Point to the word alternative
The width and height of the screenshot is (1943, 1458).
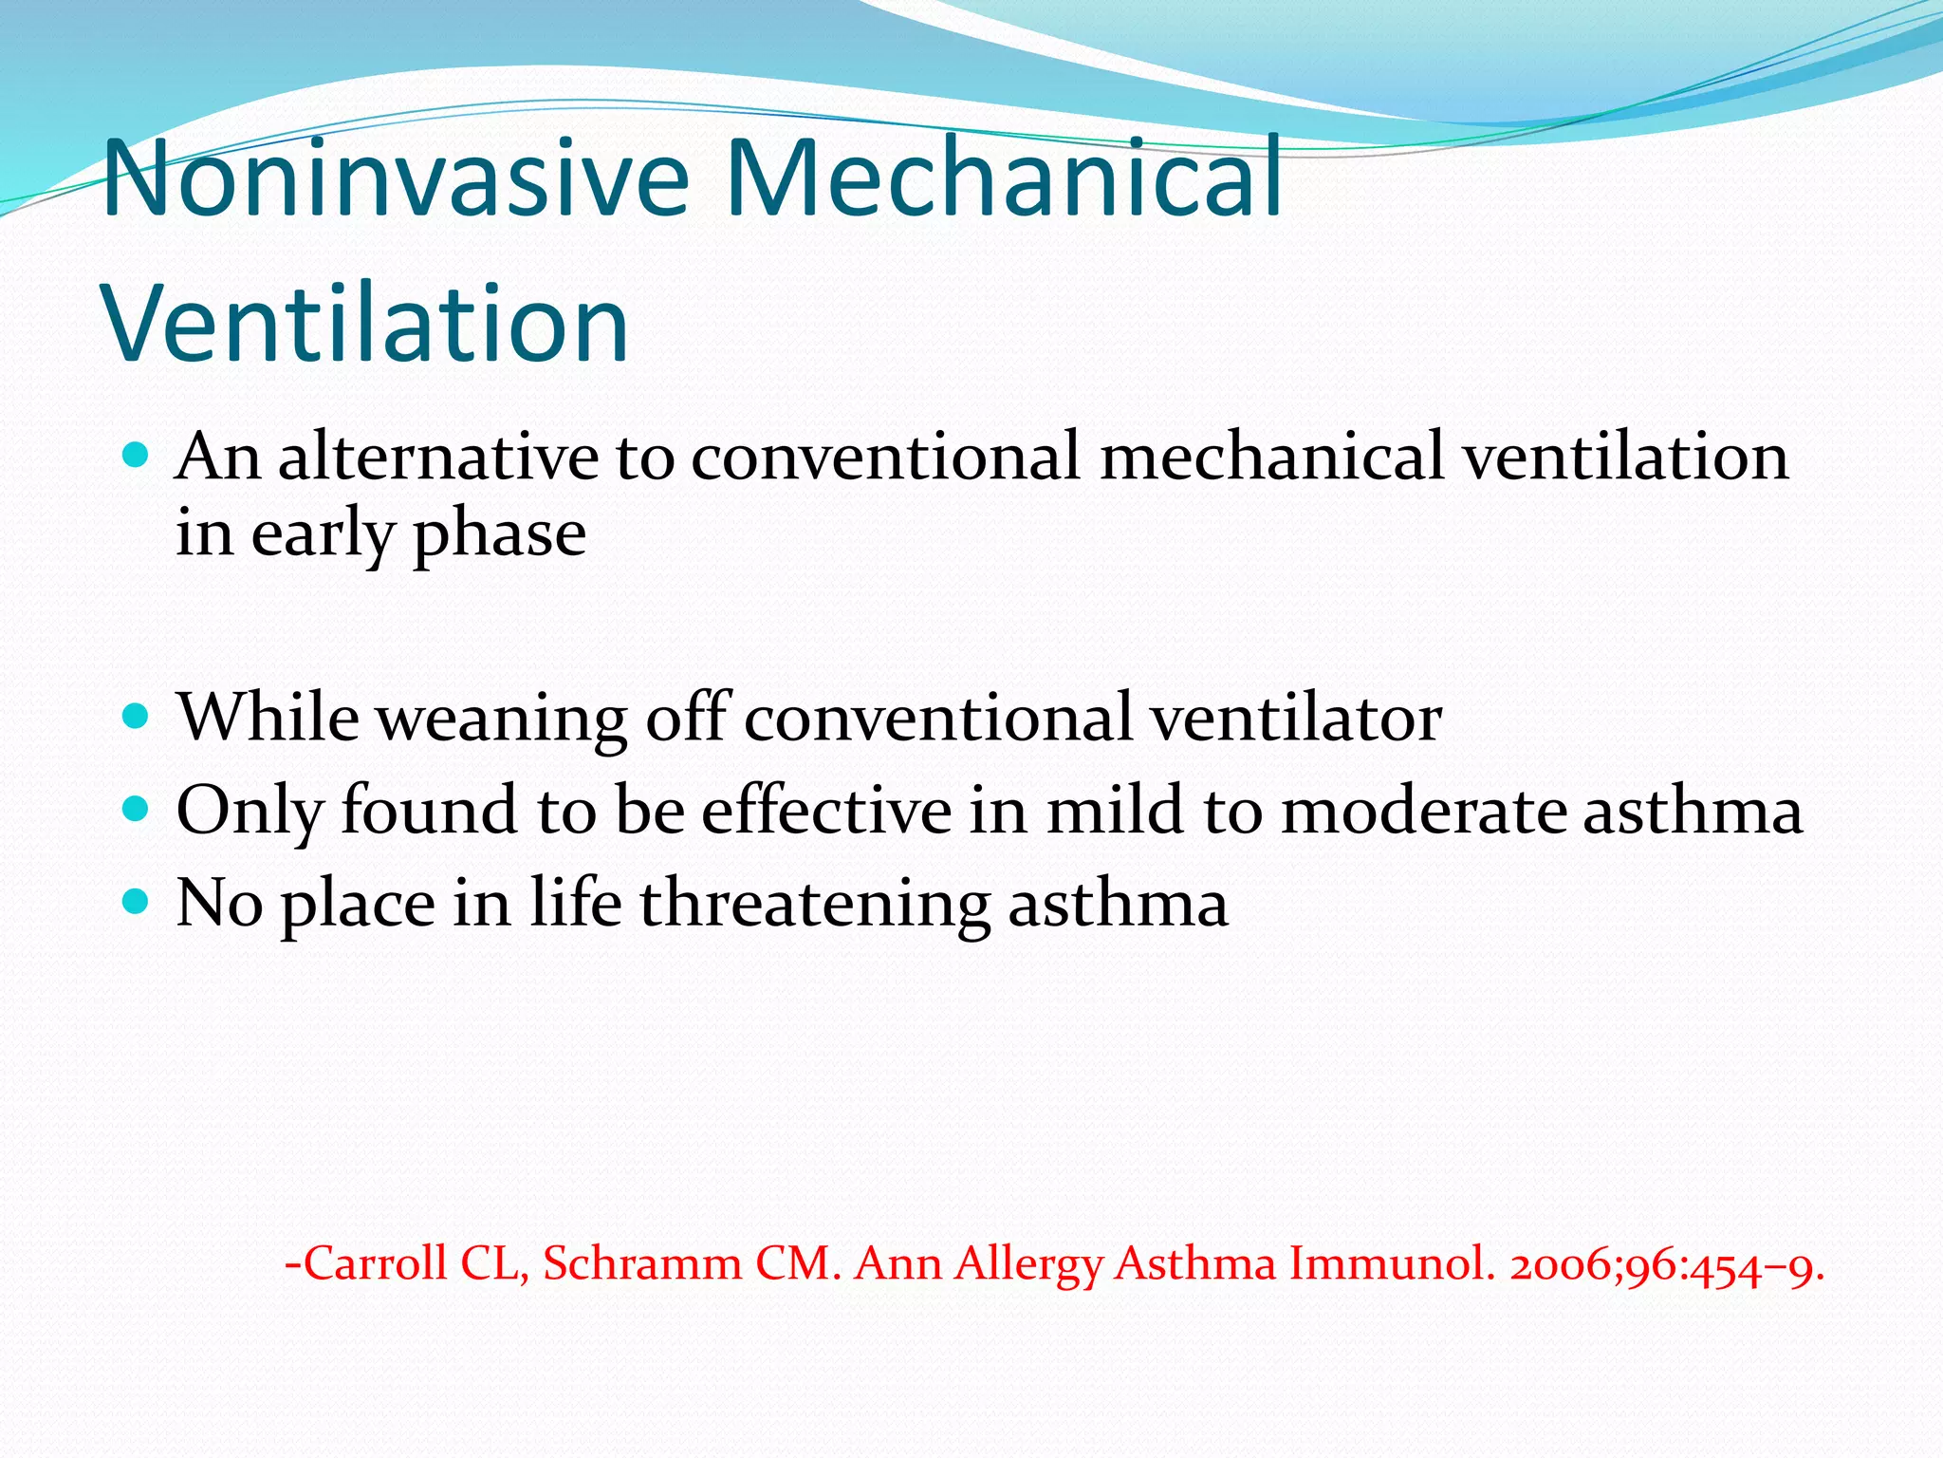pos(438,457)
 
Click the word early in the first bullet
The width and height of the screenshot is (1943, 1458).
pos(323,535)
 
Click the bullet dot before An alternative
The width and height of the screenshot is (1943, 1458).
pos(137,456)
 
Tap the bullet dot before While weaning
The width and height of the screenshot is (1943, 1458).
pos(137,715)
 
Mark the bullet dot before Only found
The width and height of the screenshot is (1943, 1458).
pos(137,809)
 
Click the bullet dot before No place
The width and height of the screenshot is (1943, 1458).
pos(137,900)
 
